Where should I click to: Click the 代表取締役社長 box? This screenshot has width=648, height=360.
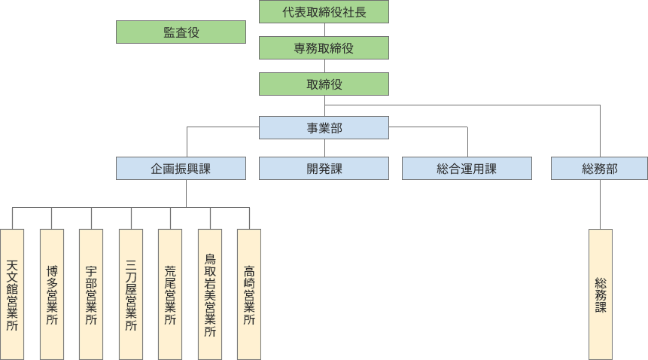click(324, 12)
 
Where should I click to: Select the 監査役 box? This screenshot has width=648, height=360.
click(181, 32)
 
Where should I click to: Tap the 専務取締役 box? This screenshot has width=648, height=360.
click(324, 48)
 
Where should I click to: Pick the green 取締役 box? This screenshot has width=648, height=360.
click(324, 84)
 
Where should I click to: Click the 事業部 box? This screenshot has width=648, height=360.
click(324, 128)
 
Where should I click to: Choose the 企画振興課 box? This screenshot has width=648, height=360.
click(181, 169)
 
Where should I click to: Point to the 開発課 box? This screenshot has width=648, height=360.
click(324, 169)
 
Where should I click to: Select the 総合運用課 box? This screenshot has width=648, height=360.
click(467, 169)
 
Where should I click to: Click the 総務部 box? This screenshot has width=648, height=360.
click(600, 169)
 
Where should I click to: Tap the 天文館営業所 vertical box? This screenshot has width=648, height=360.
click(12, 294)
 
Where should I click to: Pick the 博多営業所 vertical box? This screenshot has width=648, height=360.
click(52, 294)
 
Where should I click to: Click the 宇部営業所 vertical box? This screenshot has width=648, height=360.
click(91, 294)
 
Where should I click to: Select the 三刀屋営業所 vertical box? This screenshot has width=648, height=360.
click(131, 294)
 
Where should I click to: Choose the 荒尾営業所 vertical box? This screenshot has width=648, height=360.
click(170, 294)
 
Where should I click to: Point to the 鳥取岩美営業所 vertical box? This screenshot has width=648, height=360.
click(210, 294)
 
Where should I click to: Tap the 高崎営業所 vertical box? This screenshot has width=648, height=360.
click(249, 294)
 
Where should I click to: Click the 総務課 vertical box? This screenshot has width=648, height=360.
click(601, 294)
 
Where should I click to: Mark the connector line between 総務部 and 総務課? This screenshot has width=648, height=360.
click(601, 204)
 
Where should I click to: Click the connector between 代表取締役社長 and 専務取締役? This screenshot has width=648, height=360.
click(324, 30)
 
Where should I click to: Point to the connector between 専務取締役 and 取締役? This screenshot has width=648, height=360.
click(324, 66)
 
